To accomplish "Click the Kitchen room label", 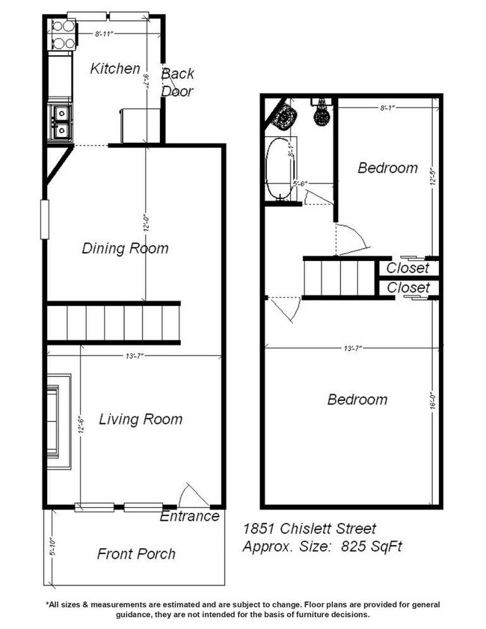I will (x=115, y=69).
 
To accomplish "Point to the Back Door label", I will (x=178, y=82).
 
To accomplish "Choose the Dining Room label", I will (x=125, y=248).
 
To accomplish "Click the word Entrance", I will (x=190, y=516).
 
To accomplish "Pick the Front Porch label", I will (x=136, y=554).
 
